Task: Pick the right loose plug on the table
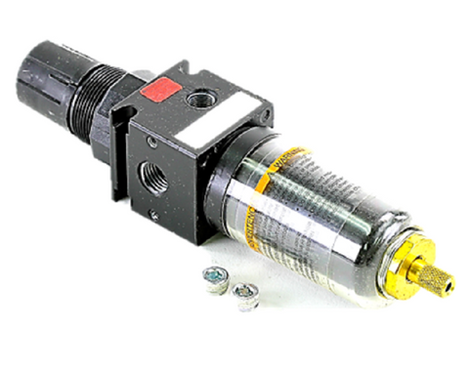point(245,293)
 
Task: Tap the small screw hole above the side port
point(153,144)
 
